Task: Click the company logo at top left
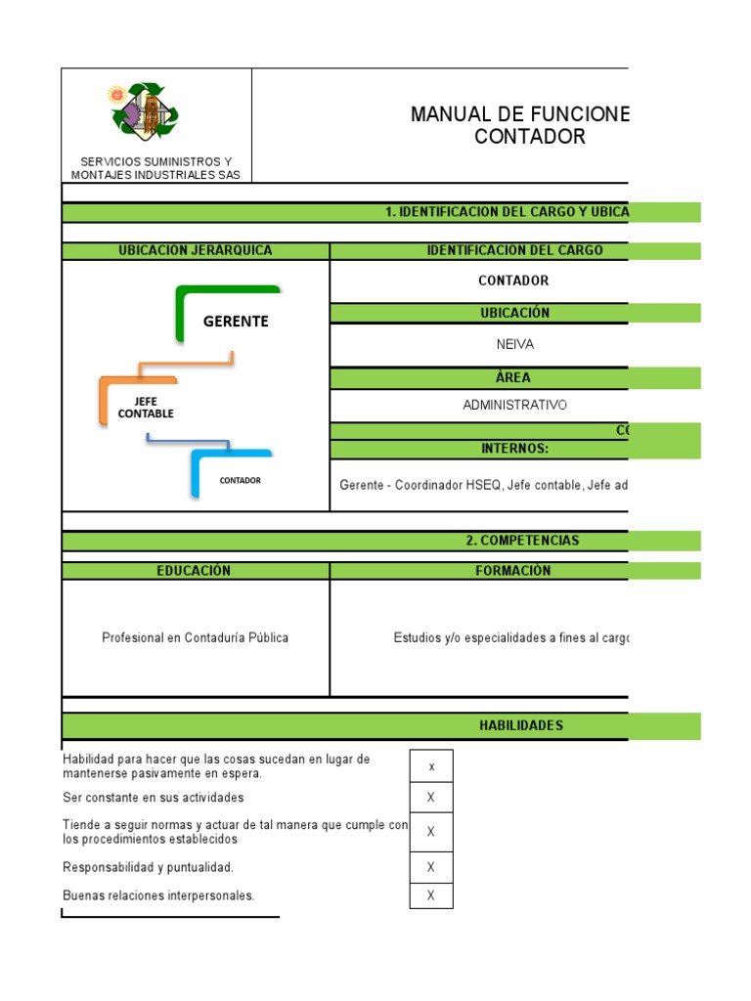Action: tap(143, 111)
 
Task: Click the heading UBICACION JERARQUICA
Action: tap(196, 250)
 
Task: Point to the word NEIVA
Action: tap(514, 344)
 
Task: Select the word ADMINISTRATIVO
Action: tap(514, 405)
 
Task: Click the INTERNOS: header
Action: tap(514, 449)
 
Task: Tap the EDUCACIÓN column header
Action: tap(196, 571)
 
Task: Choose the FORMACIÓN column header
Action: tap(514, 571)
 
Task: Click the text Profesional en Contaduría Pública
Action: tap(196, 637)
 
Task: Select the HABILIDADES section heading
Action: tap(520, 725)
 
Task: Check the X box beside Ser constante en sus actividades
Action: tap(431, 798)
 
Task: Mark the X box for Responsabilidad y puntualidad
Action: tap(431, 867)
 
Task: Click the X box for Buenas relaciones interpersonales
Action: tap(431, 895)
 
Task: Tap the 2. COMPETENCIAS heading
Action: tap(522, 541)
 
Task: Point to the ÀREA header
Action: tap(514, 377)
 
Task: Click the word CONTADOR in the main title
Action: tap(530, 137)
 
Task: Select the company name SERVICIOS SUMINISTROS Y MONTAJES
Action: tap(156, 168)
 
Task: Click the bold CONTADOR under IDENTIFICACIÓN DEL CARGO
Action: tap(513, 281)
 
